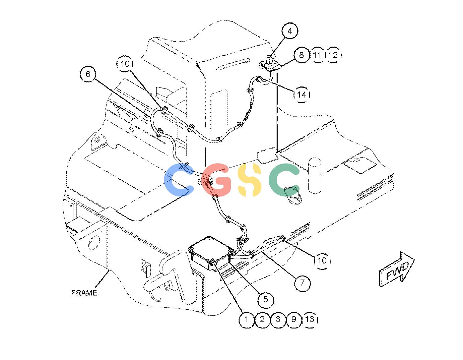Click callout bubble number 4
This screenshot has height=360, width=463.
289,31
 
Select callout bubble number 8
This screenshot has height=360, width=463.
301,55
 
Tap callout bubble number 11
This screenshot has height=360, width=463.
317,55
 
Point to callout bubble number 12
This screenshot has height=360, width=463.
333,55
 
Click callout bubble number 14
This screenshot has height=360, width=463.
302,95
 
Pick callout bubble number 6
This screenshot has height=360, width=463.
88,74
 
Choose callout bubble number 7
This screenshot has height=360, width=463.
302,283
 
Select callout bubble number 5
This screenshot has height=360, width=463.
265,299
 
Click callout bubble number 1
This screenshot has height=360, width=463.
247,319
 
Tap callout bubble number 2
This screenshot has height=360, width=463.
262,319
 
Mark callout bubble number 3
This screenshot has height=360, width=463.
278,319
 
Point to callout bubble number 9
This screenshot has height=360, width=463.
294,319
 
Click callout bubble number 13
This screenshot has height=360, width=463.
310,319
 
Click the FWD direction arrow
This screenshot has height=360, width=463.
397,269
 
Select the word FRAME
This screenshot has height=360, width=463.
84,293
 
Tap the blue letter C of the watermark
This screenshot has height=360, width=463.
179,180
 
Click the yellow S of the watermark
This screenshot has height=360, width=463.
249,180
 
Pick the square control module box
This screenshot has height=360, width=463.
211,253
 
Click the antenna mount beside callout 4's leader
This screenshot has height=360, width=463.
269,64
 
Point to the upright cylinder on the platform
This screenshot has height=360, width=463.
315,175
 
